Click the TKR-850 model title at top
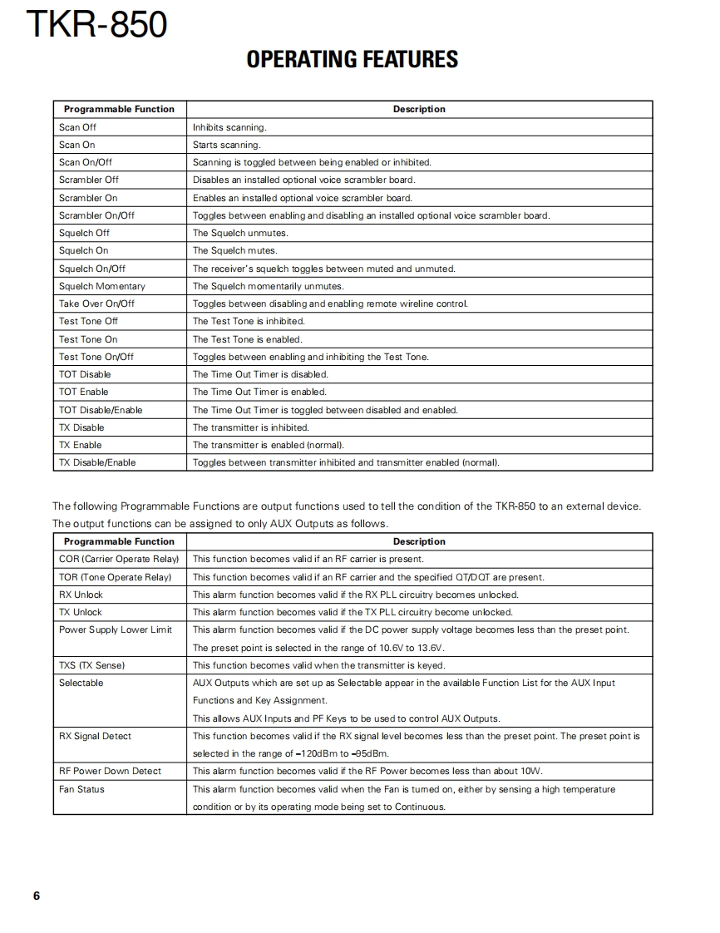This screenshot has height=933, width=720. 97,26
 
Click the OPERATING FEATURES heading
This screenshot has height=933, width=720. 353,59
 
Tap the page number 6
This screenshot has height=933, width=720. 37,896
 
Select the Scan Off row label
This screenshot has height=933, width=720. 77,127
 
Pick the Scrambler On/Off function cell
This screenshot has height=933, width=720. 96,215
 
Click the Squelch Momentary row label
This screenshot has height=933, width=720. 101,286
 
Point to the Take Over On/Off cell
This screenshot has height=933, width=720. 96,304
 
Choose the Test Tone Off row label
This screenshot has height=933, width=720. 88,321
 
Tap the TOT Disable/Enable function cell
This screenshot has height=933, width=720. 101,410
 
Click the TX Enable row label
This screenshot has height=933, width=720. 81,445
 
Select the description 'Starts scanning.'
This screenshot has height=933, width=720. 226,145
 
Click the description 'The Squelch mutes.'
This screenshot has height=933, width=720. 235,250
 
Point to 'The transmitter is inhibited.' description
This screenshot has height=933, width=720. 251,427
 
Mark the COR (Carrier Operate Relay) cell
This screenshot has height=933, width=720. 119,559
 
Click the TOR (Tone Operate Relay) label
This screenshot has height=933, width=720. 115,577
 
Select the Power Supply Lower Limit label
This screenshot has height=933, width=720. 116,629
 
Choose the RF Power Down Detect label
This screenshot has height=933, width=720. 110,771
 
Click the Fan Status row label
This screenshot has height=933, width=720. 81,789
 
